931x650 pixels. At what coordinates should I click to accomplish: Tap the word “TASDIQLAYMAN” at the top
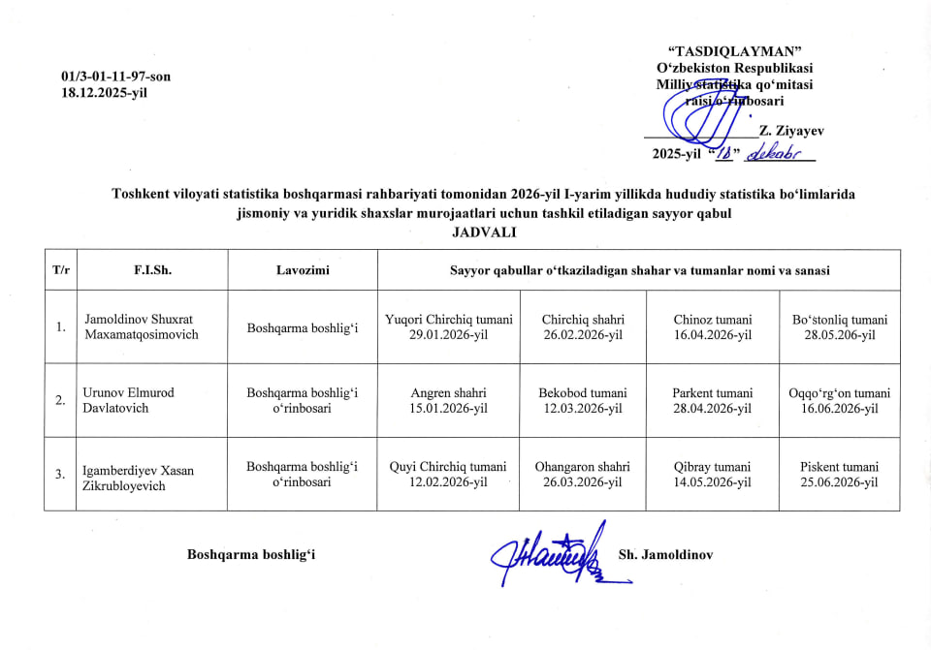tap(735, 51)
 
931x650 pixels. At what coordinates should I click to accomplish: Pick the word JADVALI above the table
tap(484, 232)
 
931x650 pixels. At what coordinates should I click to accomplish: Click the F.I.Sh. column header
tap(152, 270)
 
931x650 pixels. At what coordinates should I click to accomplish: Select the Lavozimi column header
tap(303, 270)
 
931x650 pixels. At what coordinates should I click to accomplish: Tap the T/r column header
tap(61, 270)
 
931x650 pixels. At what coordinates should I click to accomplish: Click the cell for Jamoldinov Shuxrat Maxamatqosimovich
tap(142, 326)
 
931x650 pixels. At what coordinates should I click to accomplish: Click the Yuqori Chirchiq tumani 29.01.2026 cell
tap(448, 326)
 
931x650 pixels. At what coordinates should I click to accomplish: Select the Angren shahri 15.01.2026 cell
tap(448, 400)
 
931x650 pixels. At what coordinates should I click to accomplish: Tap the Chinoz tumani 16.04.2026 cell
tap(713, 326)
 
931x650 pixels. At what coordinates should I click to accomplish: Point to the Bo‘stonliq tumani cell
tap(840, 326)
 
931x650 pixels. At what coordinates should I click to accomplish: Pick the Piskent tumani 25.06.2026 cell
tap(840, 474)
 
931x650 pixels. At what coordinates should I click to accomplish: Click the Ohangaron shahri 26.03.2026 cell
tap(582, 474)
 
